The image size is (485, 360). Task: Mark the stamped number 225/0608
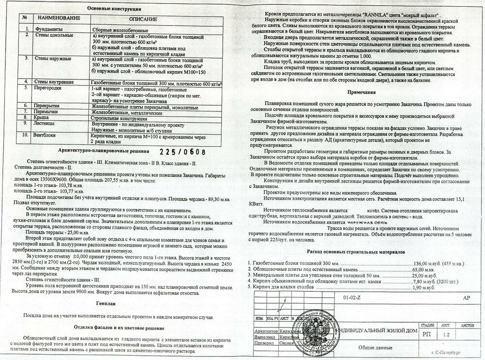point(182,151)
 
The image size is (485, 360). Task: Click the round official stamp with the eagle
point(316,330)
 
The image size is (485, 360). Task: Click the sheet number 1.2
point(447,334)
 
